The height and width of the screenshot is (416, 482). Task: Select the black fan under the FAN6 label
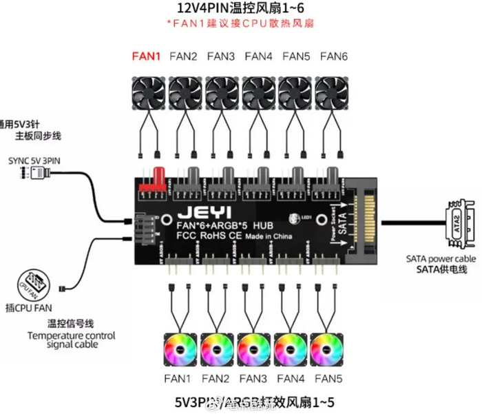(333, 92)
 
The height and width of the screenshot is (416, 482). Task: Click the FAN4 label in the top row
(258, 56)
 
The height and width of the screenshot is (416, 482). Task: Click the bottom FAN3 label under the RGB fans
(254, 378)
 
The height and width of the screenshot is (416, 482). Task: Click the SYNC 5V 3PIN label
(34, 160)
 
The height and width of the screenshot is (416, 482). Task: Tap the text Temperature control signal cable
(72, 340)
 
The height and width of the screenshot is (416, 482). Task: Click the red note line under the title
(240, 24)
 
